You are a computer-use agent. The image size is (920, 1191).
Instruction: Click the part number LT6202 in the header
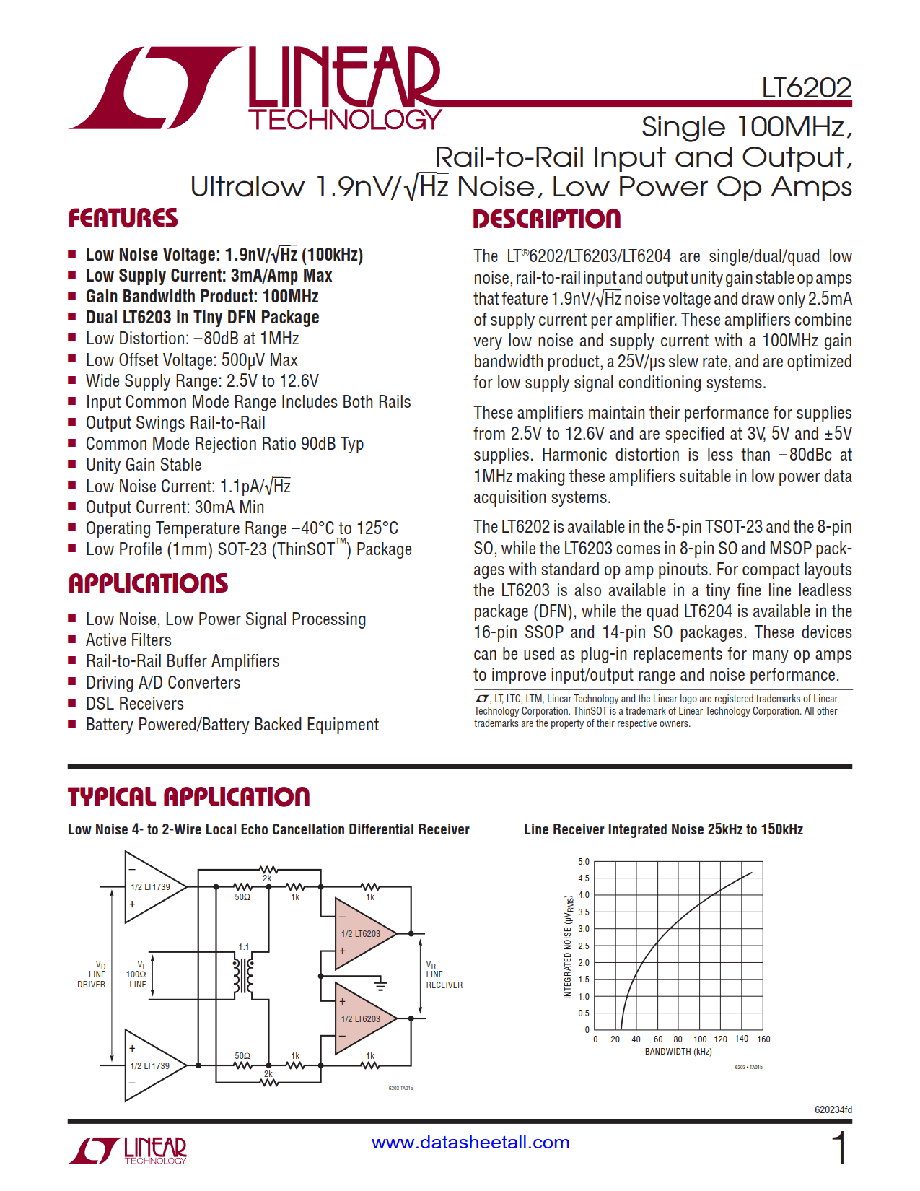806,88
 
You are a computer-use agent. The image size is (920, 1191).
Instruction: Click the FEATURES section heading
123,219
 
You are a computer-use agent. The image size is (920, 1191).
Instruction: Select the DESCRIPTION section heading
546,219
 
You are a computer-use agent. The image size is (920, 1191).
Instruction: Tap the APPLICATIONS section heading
148,583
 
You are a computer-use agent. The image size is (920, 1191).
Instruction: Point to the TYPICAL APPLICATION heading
188,797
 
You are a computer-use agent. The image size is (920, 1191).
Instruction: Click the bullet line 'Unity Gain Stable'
144,465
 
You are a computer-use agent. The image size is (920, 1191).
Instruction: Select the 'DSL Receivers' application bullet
134,704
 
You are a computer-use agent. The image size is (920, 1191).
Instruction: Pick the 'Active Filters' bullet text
128,640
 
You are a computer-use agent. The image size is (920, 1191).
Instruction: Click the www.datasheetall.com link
470,1142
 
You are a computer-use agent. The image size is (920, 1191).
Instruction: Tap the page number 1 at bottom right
839,1148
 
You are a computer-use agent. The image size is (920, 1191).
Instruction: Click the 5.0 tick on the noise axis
584,862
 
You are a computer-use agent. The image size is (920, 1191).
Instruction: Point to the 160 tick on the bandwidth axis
763,1039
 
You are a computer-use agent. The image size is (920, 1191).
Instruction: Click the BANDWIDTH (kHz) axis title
678,1052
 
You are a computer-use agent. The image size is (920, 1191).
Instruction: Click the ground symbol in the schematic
380,985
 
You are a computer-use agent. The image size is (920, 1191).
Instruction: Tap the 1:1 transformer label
244,947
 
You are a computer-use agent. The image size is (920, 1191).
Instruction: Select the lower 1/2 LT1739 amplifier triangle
152,1065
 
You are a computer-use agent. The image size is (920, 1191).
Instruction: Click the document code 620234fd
833,1109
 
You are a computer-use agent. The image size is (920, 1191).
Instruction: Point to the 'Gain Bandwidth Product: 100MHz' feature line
202,297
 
